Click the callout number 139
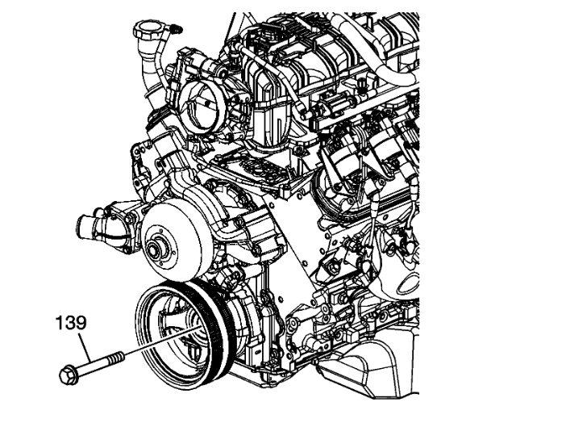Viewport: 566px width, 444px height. pyautogui.click(x=69, y=325)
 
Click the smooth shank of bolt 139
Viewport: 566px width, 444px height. pyautogui.click(x=93, y=363)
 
